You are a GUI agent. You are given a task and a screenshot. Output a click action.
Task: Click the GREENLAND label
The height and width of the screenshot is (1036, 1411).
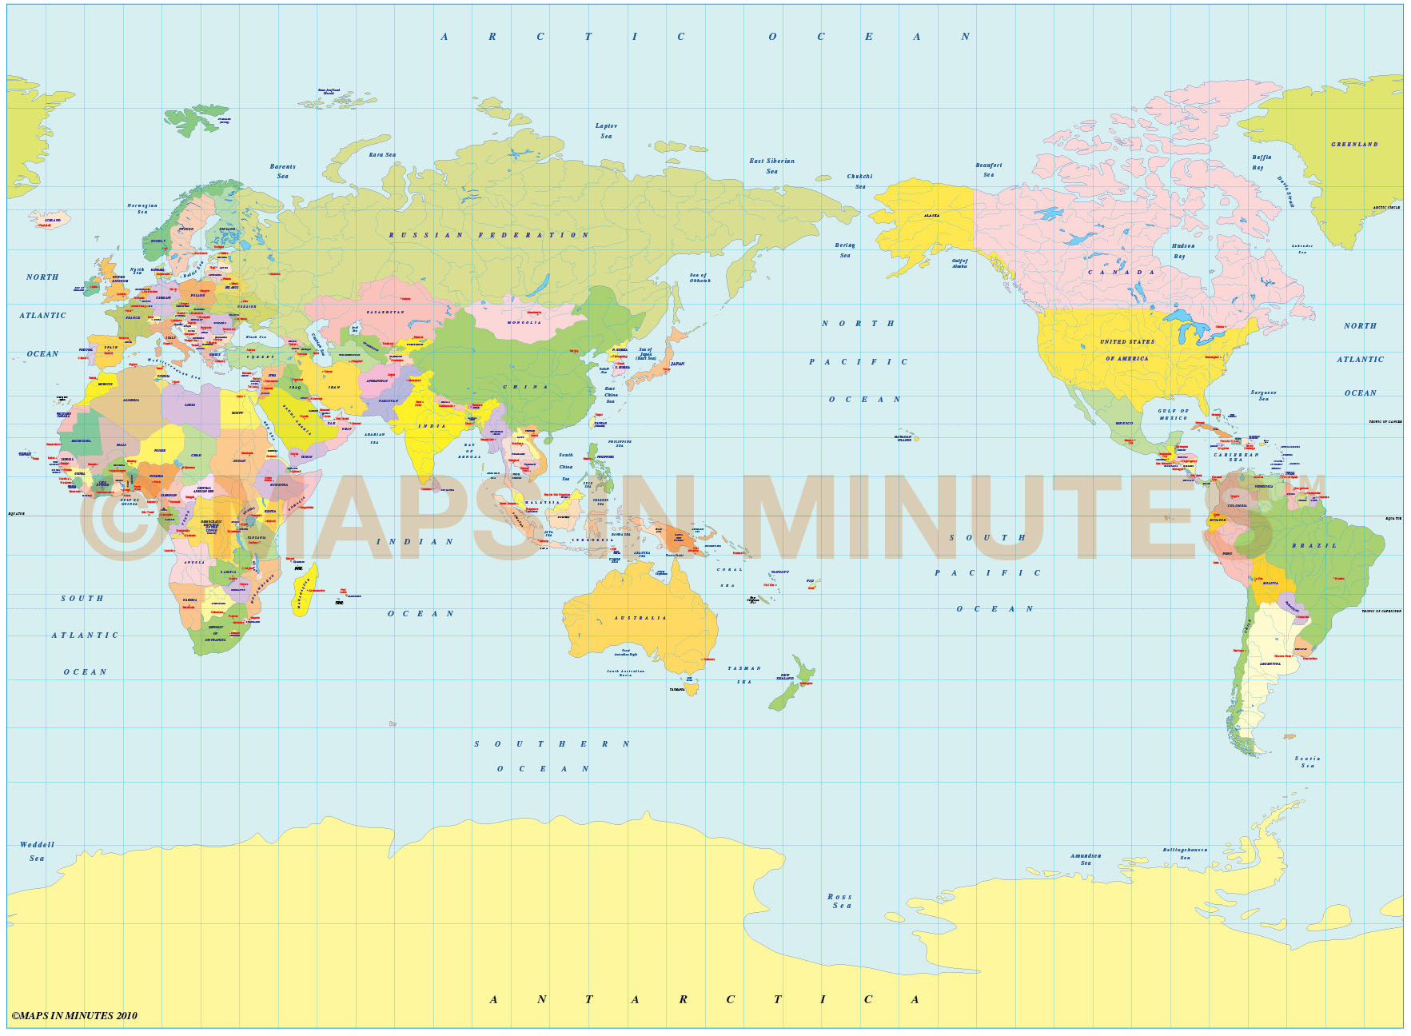tap(1354, 145)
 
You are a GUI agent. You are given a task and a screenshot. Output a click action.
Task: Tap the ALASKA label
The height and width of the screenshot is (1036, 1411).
tap(931, 216)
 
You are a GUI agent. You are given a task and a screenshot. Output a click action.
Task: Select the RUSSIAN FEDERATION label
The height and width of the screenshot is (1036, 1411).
tap(488, 235)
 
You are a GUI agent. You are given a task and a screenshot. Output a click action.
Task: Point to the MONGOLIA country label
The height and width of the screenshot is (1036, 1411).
tap(524, 322)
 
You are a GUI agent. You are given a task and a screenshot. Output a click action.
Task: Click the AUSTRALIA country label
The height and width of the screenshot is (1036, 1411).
tap(640, 618)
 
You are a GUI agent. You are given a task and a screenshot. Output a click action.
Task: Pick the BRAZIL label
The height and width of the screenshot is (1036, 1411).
tap(1313, 546)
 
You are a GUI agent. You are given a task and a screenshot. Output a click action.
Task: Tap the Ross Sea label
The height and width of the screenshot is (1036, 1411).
tap(840, 901)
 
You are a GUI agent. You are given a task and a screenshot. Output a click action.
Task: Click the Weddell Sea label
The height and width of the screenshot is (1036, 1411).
tap(37, 851)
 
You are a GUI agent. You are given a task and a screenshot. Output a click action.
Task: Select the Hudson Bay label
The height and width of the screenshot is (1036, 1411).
tap(1182, 251)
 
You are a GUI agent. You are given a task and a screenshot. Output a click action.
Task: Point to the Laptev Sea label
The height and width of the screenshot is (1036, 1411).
tap(606, 131)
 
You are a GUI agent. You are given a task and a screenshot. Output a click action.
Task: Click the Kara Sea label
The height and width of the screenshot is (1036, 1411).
tap(382, 155)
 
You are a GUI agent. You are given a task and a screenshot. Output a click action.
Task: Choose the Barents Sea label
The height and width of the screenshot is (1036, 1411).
tap(282, 171)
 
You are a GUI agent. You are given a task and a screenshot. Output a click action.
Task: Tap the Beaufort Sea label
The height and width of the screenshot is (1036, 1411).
tap(988, 169)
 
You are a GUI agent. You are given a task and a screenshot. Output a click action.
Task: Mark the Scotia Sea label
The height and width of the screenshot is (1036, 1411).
tap(1307, 762)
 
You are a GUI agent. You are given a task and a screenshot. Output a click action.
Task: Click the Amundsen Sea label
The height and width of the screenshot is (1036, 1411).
tap(1085, 859)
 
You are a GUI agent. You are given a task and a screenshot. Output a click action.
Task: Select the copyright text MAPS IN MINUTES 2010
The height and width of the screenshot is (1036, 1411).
tap(74, 1016)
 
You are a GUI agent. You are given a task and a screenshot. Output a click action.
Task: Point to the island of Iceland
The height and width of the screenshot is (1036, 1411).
tap(50, 219)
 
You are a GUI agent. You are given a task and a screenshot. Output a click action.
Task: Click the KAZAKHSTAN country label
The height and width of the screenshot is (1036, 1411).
tap(385, 312)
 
